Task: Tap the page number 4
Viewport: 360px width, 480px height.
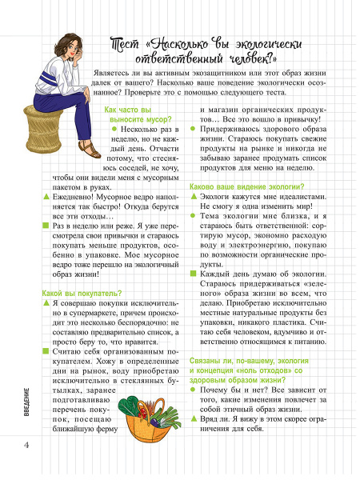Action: pyautogui.click(x=27, y=445)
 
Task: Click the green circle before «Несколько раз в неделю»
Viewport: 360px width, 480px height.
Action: pyautogui.click(x=114, y=128)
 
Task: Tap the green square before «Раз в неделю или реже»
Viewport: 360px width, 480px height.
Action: pyautogui.click(x=45, y=226)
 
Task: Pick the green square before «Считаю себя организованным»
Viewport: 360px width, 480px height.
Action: pyautogui.click(x=45, y=350)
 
